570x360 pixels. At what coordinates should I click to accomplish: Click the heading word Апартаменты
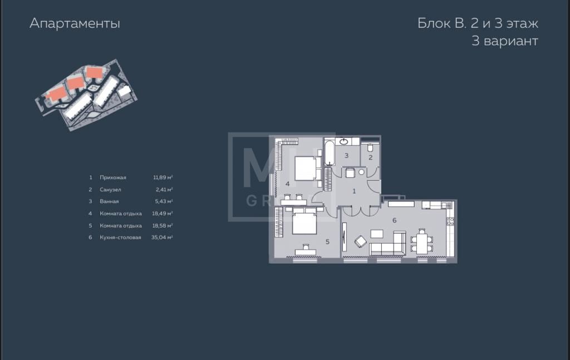pyautogui.click(x=75, y=23)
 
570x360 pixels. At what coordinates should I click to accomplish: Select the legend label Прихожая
pyautogui.click(x=112, y=177)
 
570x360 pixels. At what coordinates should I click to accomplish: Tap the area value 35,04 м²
pyautogui.click(x=162, y=238)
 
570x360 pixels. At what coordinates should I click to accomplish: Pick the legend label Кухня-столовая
pyautogui.click(x=120, y=238)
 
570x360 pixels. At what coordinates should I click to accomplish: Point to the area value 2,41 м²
pyautogui.click(x=164, y=190)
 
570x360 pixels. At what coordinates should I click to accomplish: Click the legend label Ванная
pyautogui.click(x=109, y=201)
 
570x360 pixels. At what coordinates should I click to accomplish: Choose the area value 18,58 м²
pyautogui.click(x=162, y=225)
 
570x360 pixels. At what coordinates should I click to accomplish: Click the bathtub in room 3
pyautogui.click(x=330, y=152)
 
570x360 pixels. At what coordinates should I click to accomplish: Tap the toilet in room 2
pyautogui.click(x=370, y=147)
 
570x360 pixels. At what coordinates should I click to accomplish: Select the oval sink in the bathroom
pyautogui.click(x=343, y=141)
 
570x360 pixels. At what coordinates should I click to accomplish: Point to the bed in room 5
pyautogui.click(x=304, y=223)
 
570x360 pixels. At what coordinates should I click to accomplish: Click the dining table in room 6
pyautogui.click(x=422, y=243)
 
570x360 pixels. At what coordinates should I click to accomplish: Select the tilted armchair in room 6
pyautogui.click(x=361, y=241)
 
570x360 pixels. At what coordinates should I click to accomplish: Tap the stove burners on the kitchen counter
pyautogui.click(x=450, y=221)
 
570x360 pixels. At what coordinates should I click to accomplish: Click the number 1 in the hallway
pyautogui.click(x=354, y=191)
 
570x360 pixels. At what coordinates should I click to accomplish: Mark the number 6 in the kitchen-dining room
pyautogui.click(x=395, y=220)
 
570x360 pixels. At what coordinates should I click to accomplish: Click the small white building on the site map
pyautogui.click(x=125, y=91)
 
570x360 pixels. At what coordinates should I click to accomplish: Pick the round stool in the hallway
pyautogui.click(x=361, y=172)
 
